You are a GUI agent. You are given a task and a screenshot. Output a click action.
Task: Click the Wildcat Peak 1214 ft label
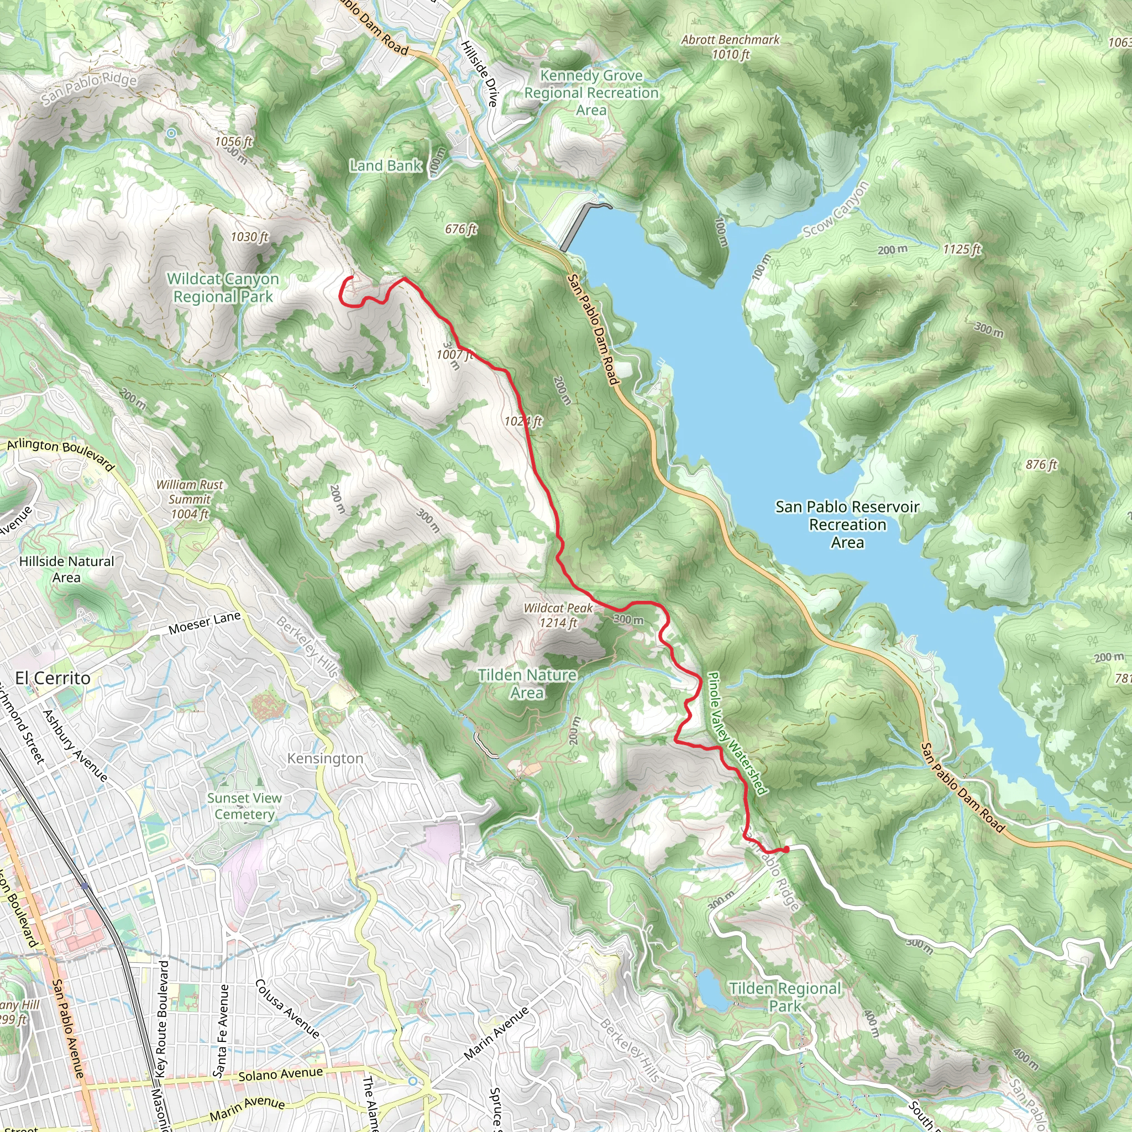point(558,615)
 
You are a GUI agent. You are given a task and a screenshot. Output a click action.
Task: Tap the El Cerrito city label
point(53,679)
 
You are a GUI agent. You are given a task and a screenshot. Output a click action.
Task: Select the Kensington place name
point(325,759)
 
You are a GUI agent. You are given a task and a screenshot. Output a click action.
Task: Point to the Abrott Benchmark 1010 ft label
point(730,47)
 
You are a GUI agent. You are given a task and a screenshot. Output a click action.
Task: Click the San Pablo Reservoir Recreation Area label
point(847,525)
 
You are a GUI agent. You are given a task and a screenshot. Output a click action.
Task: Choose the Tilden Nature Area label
point(527,684)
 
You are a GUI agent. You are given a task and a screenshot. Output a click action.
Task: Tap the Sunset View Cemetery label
point(244,806)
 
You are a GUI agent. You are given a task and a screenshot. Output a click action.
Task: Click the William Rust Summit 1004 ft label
point(189,500)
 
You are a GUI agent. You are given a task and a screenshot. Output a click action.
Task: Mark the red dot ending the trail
point(787,849)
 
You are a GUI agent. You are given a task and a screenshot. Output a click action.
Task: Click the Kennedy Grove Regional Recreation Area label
point(591,92)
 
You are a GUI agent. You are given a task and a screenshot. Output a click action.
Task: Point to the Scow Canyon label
point(836,209)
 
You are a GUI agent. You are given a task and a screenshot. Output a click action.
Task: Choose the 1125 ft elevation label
point(962,249)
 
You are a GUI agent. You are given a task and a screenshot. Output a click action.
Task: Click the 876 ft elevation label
point(1041,465)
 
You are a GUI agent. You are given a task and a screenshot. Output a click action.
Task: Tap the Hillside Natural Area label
point(66,569)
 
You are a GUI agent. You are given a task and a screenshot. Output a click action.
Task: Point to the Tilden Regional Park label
point(785,997)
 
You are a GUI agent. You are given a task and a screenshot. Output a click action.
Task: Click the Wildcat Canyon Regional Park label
point(223,287)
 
